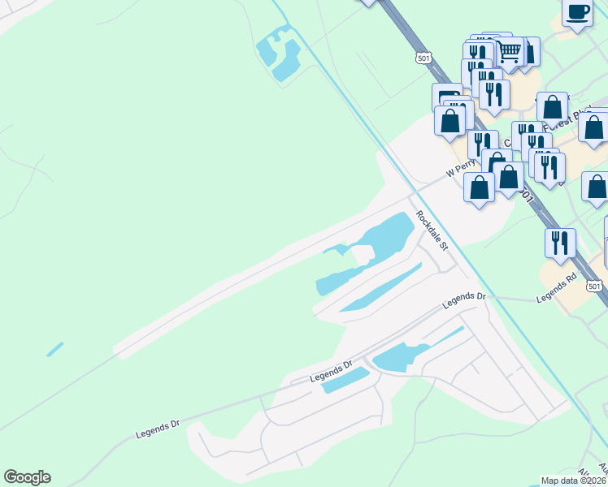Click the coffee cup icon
pos(577,13)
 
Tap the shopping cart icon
pos(509,52)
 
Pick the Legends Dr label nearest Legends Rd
pos(463,301)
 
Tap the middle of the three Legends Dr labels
pos(331,373)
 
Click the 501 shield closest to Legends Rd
pos(595,286)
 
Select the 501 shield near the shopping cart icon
pos(422,58)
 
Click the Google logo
pos(27,477)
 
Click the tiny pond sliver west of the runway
pos(54,349)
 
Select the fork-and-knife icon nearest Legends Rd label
pos(560,243)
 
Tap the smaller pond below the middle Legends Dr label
pos(345,380)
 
